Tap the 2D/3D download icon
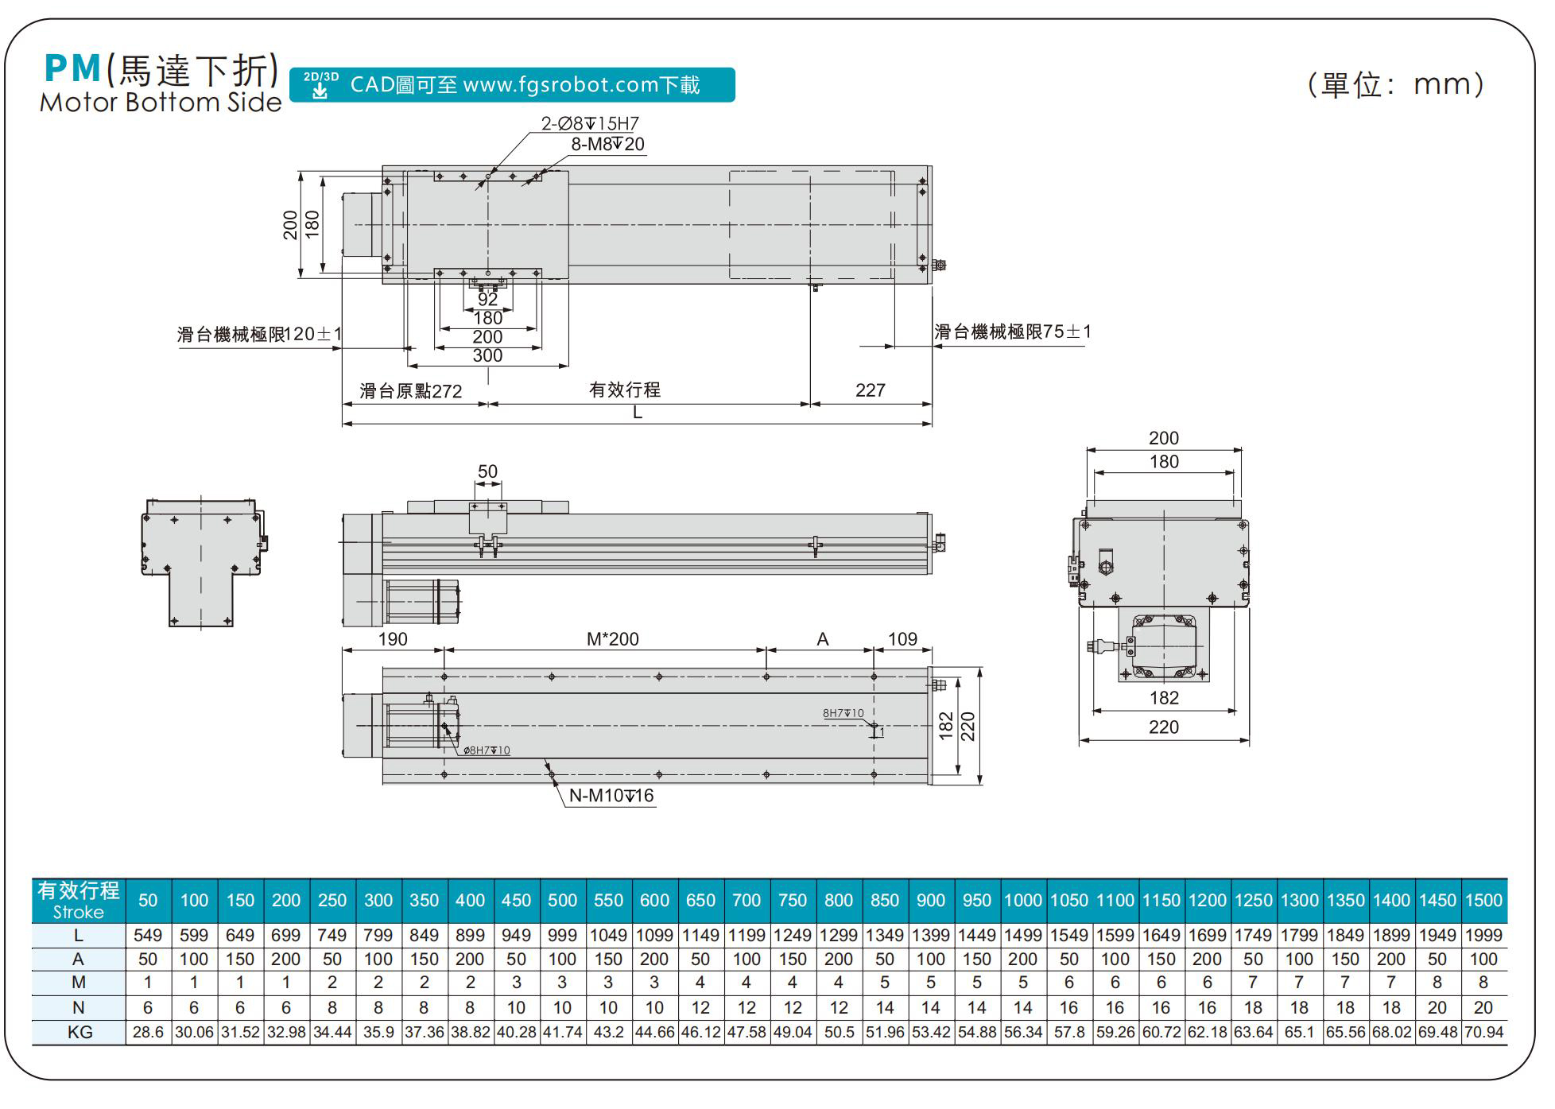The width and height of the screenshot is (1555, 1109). [320, 85]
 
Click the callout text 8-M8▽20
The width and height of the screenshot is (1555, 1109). [607, 144]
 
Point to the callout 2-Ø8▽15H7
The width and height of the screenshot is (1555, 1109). [590, 123]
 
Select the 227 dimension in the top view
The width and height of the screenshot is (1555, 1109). [870, 390]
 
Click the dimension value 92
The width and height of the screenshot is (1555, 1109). [487, 300]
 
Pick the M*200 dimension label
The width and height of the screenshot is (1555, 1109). [612, 639]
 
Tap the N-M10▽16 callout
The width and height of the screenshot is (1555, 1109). [611, 796]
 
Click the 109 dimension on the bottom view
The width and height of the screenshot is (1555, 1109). [902, 639]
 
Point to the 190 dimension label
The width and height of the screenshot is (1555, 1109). [393, 639]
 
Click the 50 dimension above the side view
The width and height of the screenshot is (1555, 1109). [487, 471]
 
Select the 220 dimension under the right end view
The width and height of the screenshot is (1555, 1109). [1163, 727]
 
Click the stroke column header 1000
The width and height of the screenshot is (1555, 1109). [1022, 901]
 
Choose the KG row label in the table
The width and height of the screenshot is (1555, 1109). [79, 1033]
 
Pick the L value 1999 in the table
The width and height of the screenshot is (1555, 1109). [1483, 936]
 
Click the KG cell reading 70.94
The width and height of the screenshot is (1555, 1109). [1483, 1033]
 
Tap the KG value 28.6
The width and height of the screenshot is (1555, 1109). [148, 1033]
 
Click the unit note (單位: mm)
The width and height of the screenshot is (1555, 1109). [1395, 84]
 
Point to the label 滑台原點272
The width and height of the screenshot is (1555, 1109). [410, 391]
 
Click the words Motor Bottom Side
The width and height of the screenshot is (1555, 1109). [161, 103]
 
